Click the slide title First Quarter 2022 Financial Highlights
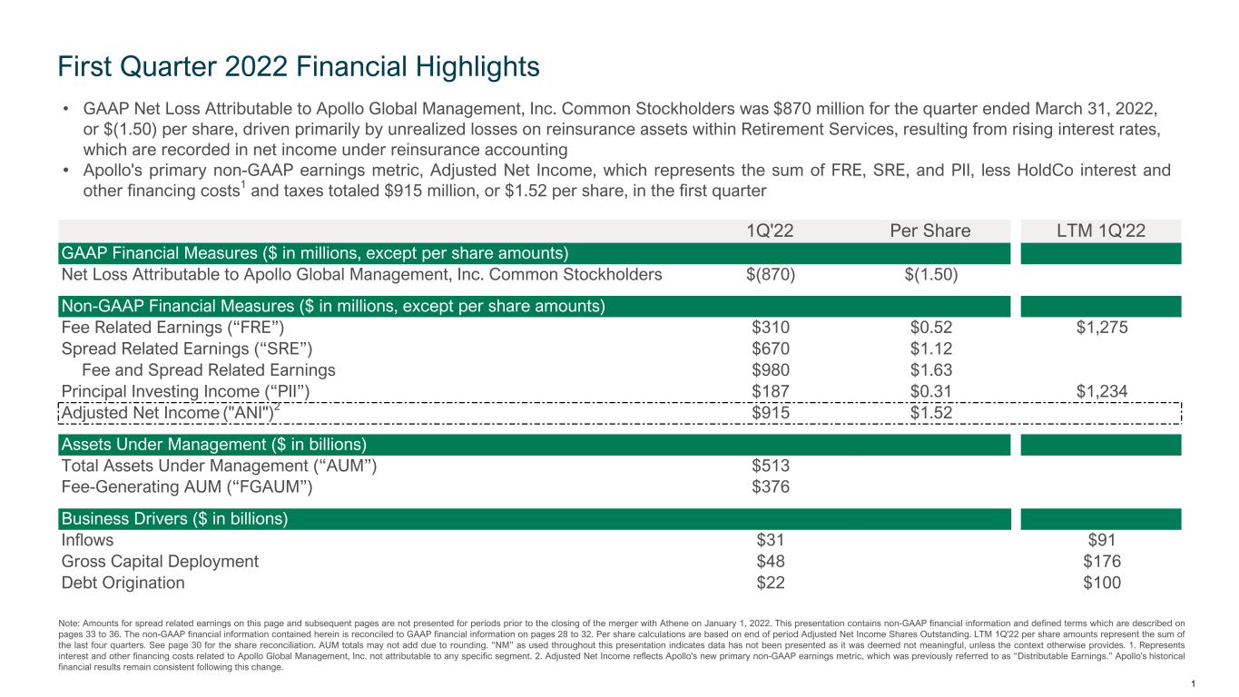[x=299, y=66]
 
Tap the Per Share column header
[x=930, y=231]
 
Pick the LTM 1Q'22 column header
[x=1101, y=231]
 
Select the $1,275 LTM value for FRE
[x=1101, y=329]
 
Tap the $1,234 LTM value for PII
[x=1101, y=391]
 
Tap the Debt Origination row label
[x=123, y=583]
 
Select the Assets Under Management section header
[x=213, y=445]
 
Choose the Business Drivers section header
[x=174, y=519]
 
